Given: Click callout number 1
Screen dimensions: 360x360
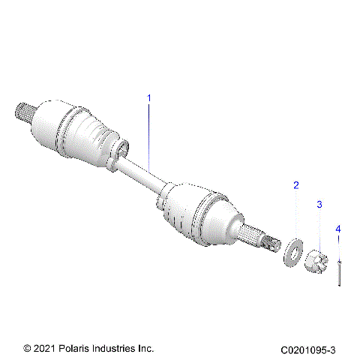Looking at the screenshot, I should [x=148, y=98].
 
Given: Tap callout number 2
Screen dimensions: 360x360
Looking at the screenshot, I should [x=295, y=184].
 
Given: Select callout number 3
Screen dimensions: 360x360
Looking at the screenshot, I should [x=319, y=204].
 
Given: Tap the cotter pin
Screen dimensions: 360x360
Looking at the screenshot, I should [x=340, y=271].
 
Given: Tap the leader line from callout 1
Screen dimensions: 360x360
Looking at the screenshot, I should [x=148, y=135].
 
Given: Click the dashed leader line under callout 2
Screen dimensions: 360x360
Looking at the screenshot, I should [x=295, y=214].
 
